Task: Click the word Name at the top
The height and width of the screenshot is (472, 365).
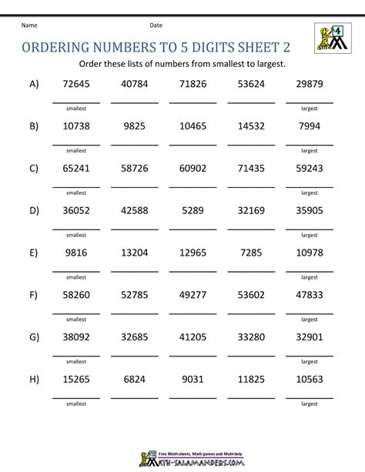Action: (29, 26)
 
